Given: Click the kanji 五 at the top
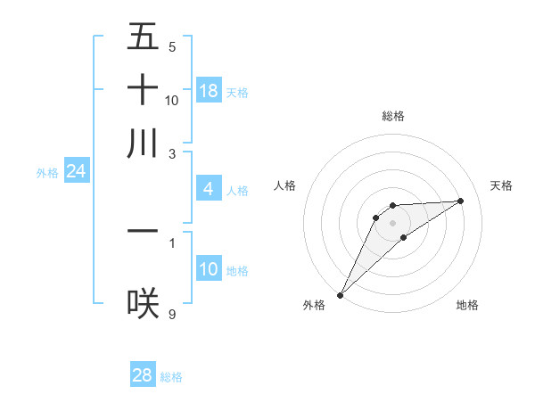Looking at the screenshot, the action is click(143, 37).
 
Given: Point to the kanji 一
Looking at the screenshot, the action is click(143, 231).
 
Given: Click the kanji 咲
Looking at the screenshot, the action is click(143, 303).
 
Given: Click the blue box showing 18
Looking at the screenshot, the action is click(209, 91).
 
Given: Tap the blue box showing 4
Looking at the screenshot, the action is click(208, 189).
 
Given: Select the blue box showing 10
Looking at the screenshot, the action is click(209, 269).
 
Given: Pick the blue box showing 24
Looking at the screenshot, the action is click(76, 171).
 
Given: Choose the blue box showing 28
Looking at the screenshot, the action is click(143, 375).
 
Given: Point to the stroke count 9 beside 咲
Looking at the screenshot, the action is click(171, 314).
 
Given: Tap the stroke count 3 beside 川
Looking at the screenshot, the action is click(171, 153).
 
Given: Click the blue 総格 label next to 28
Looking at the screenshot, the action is click(171, 377).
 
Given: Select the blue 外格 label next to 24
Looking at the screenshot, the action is click(47, 173).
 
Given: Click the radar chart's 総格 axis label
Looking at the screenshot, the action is click(392, 116).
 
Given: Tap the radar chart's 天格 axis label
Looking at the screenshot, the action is click(502, 185).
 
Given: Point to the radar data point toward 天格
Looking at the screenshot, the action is click(461, 201).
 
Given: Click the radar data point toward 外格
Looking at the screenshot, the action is click(340, 294).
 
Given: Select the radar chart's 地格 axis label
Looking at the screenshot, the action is click(467, 305).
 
